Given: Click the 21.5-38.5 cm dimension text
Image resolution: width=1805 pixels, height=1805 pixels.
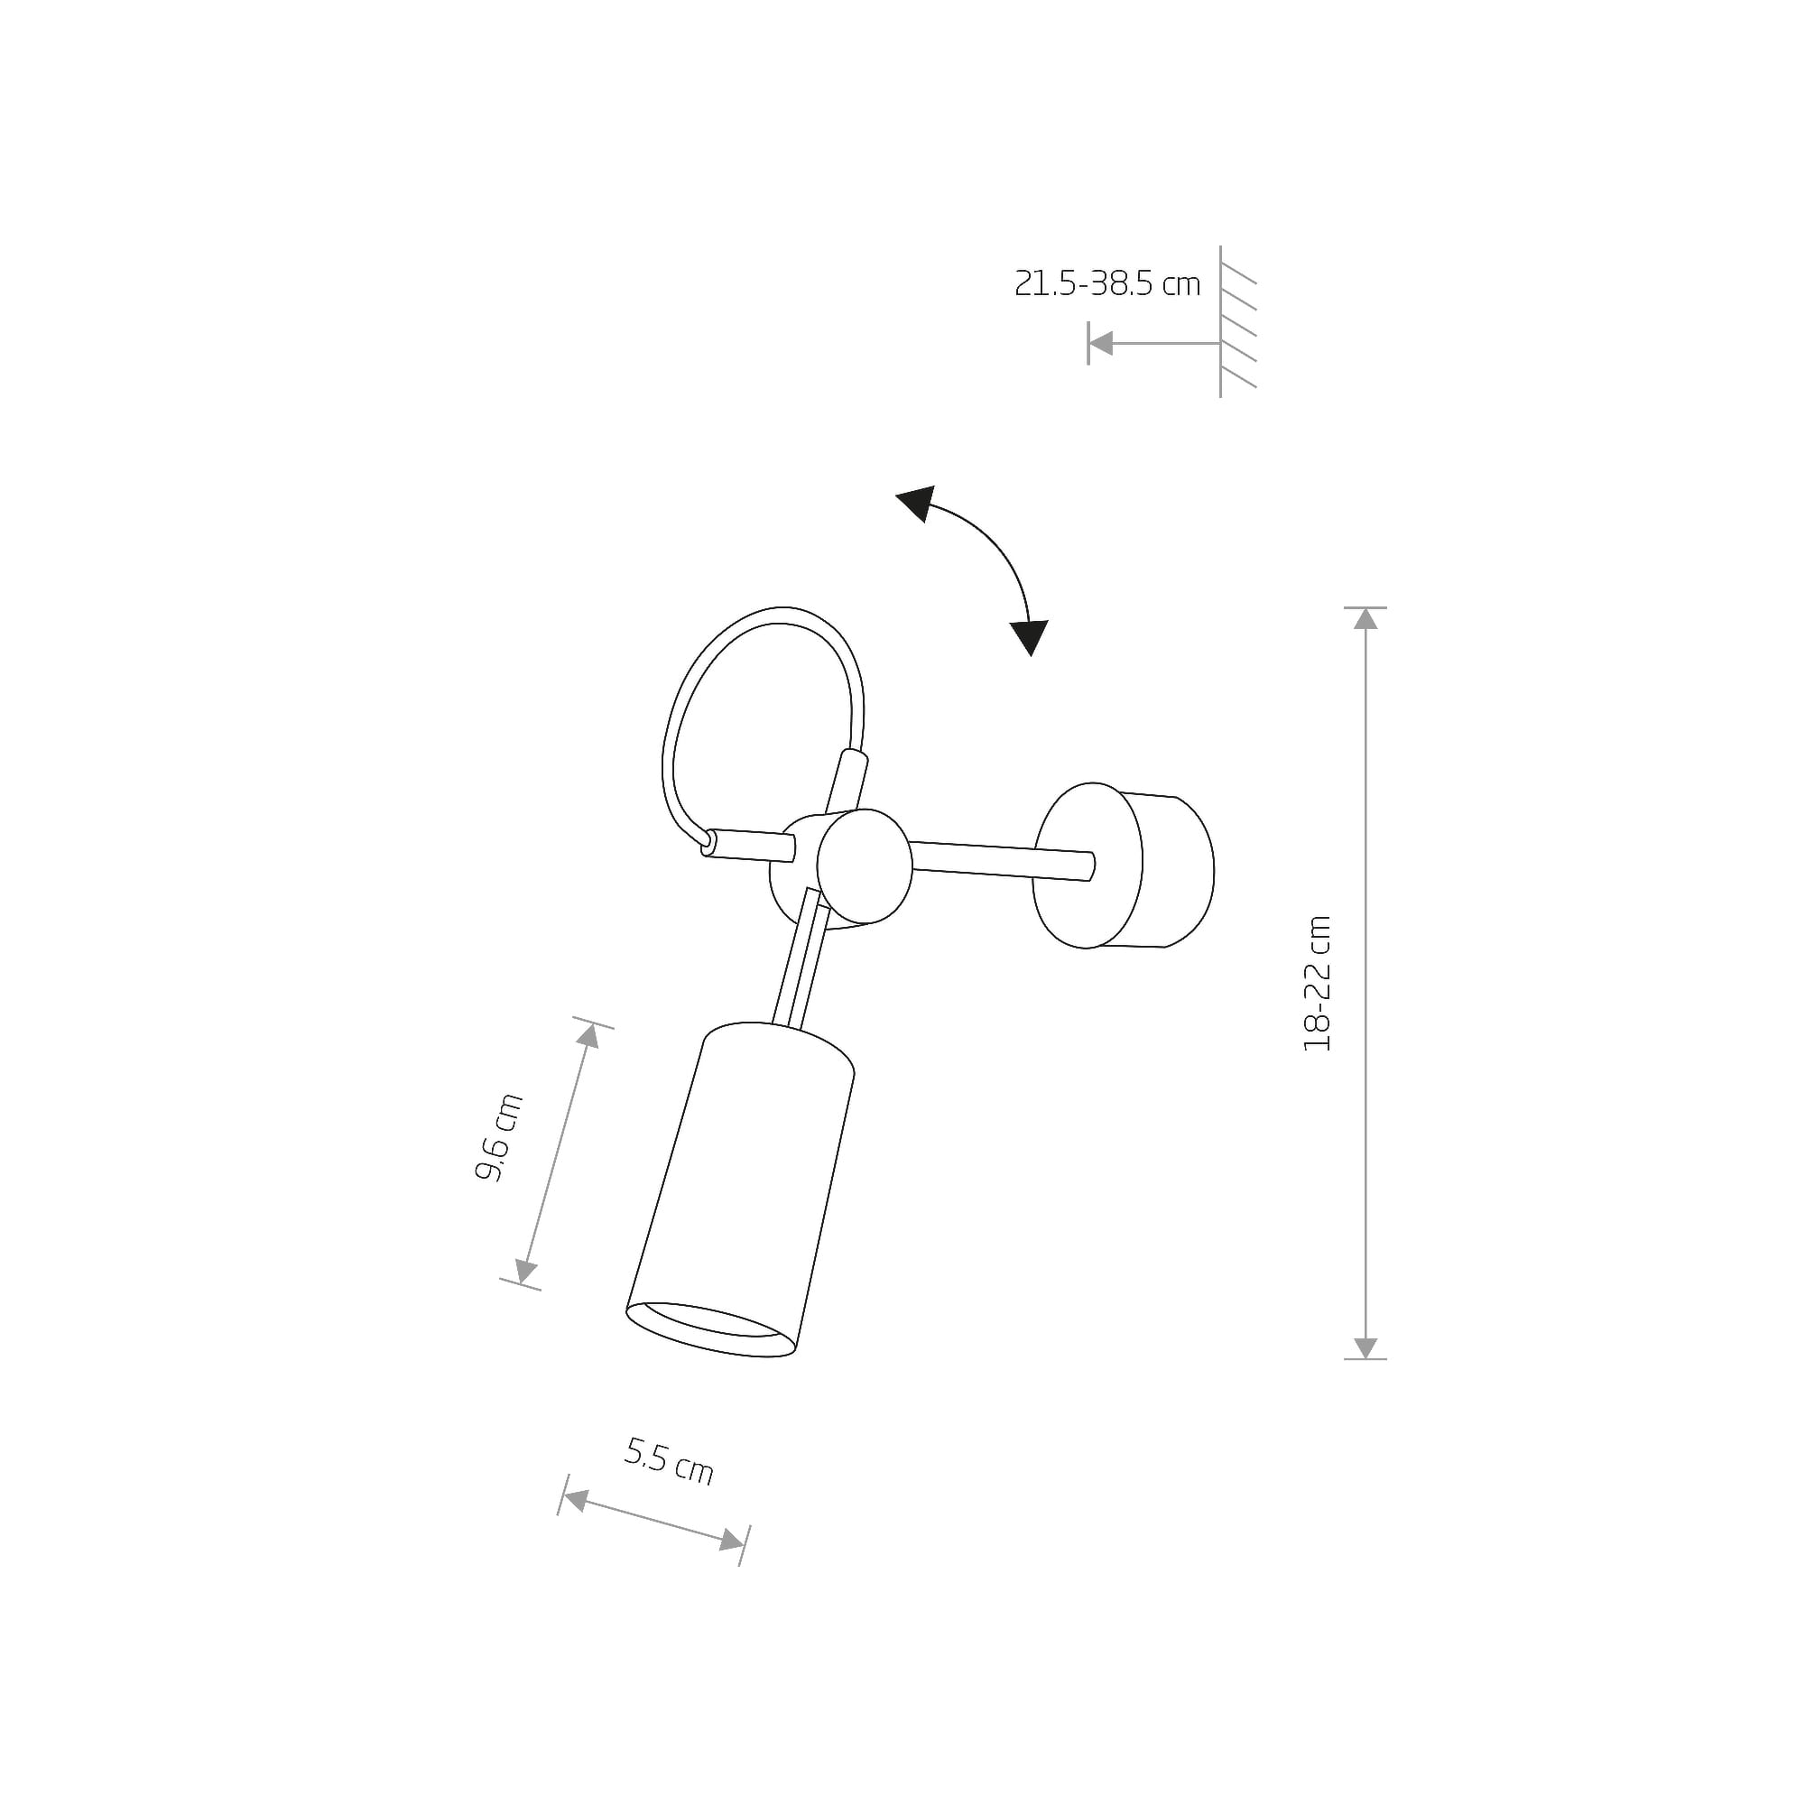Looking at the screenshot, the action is (1107, 283).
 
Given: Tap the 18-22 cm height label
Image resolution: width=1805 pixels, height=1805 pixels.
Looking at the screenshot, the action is (1318, 983).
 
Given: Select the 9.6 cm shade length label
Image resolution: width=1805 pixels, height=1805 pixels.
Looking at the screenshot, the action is (499, 1137).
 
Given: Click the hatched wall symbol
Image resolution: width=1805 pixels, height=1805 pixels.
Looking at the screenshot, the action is (1237, 322).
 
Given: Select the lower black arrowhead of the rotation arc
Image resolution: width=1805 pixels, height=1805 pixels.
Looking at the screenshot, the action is (1030, 638).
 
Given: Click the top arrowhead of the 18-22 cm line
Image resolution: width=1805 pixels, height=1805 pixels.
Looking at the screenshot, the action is (1365, 618).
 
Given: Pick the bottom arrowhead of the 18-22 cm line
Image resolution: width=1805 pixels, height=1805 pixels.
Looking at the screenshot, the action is (1365, 1347).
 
